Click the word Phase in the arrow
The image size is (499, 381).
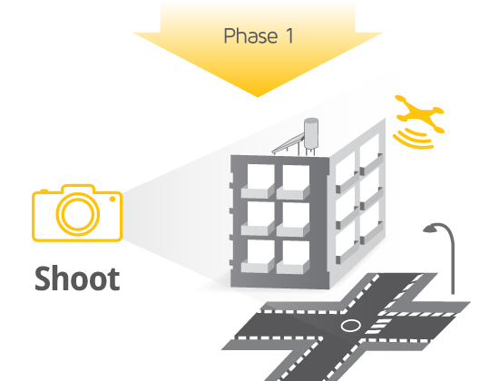[250, 35]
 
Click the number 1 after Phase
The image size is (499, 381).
[289, 35]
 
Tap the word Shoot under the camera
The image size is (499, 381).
[77, 278]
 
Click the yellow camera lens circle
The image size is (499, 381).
[78, 214]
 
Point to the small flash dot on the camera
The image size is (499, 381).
[113, 199]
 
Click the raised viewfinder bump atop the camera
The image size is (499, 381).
[78, 189]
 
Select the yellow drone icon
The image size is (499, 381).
[420, 113]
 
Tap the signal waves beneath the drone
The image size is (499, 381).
[413, 139]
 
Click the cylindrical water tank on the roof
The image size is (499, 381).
[311, 133]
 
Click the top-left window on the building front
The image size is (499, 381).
[258, 181]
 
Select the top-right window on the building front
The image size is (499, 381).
[293, 182]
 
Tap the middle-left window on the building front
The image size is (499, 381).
[258, 219]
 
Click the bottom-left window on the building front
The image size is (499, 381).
[258, 256]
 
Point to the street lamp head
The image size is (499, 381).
[430, 229]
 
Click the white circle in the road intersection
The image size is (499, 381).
[351, 326]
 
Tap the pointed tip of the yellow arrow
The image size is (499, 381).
[258, 96]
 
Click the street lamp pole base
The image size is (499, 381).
[453, 291]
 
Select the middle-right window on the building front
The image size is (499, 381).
[293, 220]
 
